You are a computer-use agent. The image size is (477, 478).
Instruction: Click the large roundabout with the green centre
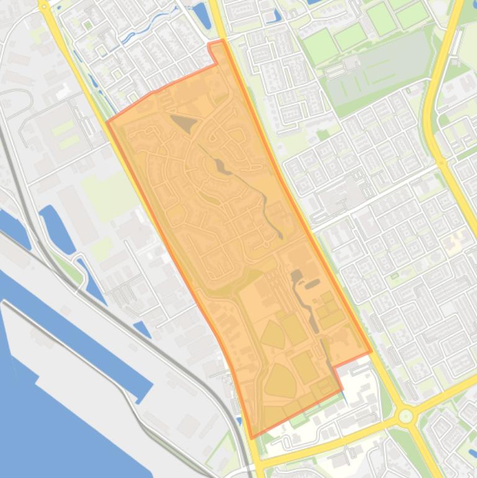[x=406, y=415]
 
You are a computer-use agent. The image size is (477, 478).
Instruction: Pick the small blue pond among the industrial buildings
[x=142, y=329]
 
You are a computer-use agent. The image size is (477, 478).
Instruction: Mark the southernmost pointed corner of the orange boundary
[x=252, y=437]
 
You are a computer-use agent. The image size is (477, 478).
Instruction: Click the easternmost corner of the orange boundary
[x=371, y=351]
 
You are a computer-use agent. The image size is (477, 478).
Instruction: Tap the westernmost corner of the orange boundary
[x=107, y=122]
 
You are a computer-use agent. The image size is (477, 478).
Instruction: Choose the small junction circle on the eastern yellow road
[x=442, y=162]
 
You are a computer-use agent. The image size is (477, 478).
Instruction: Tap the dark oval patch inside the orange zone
[x=311, y=284]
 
